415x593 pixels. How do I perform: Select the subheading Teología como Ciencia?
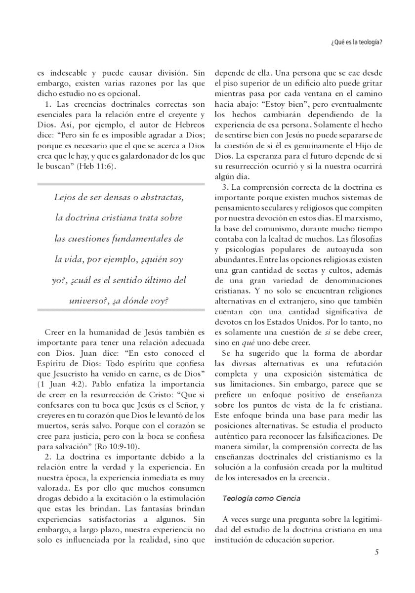point(261,498)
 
